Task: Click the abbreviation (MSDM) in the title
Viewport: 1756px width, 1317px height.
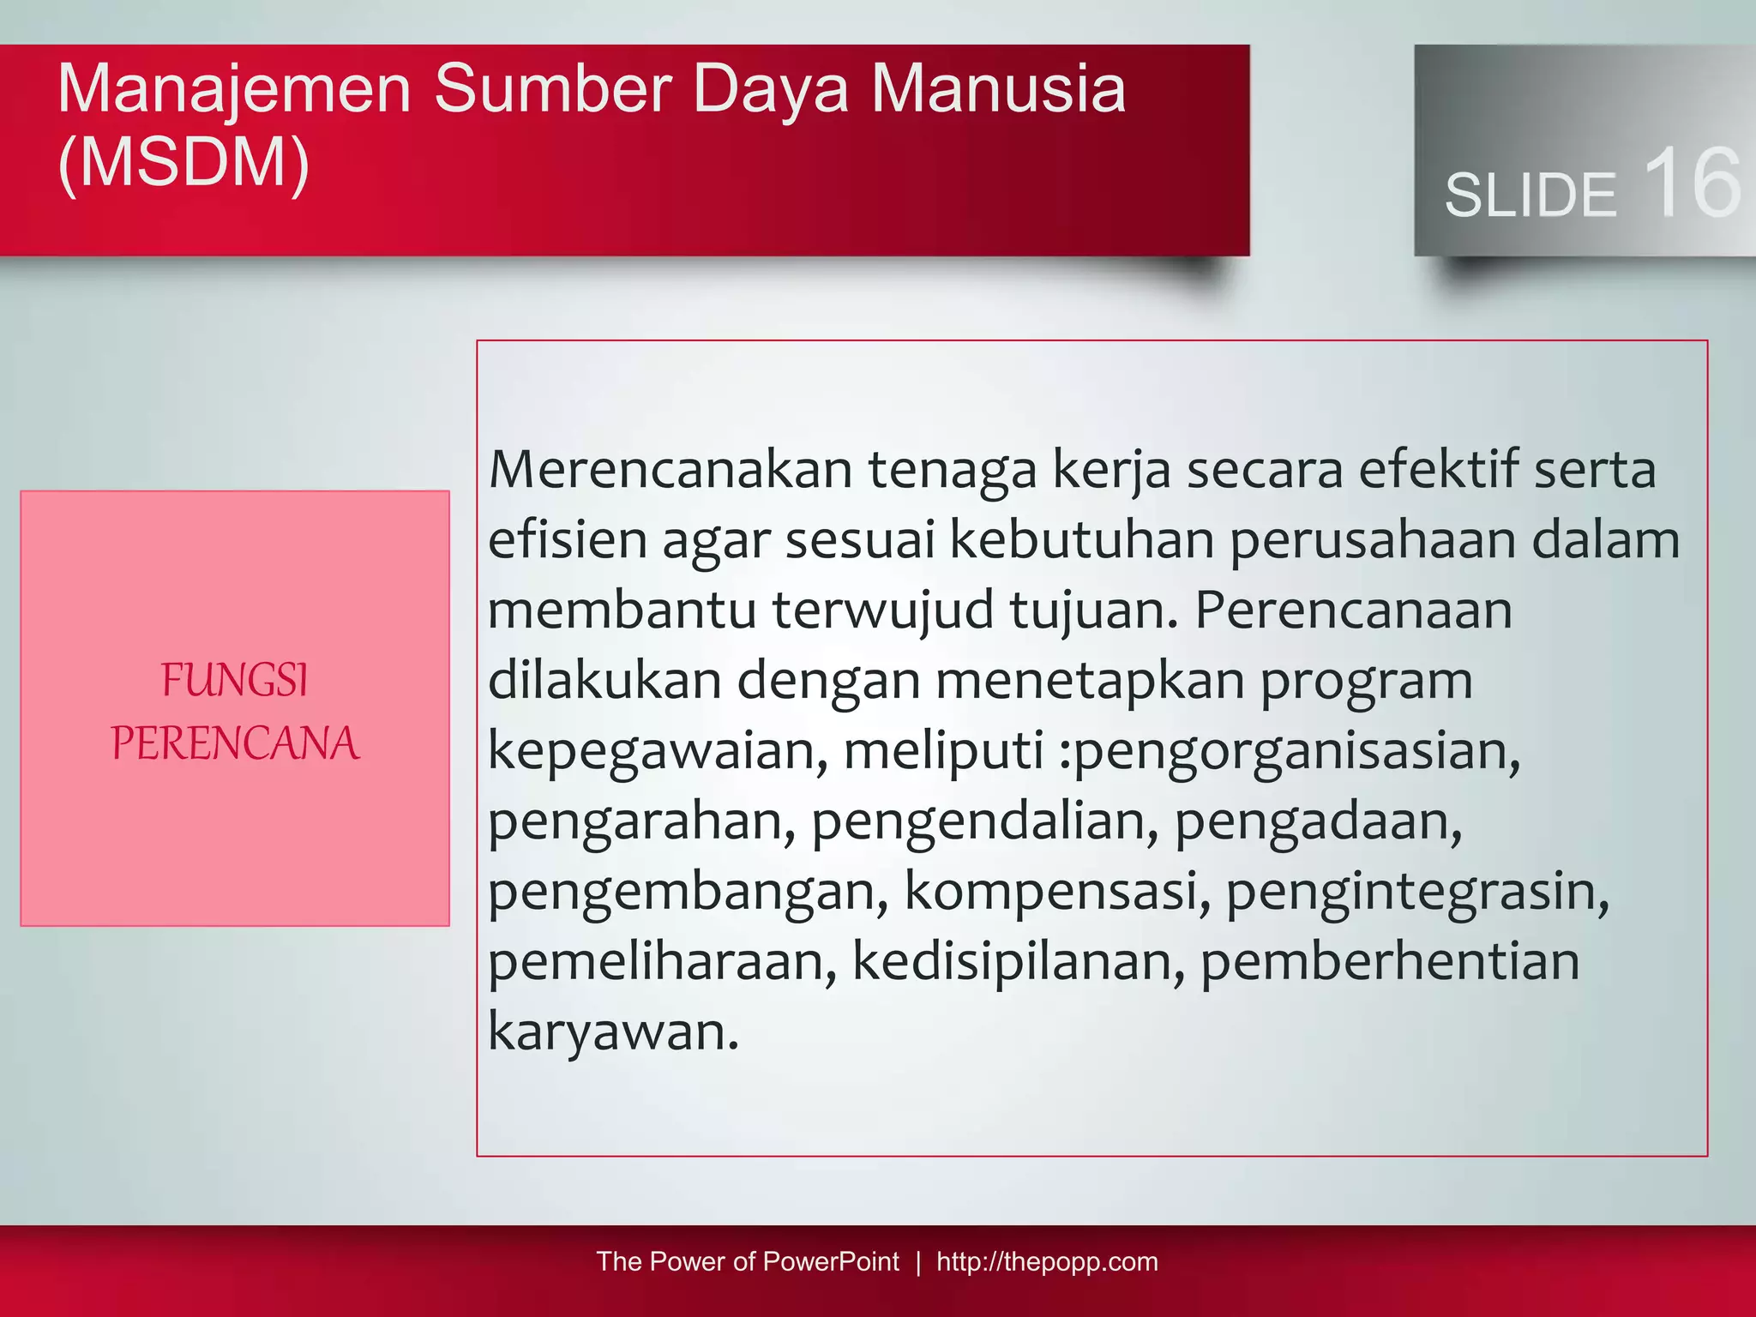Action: click(183, 163)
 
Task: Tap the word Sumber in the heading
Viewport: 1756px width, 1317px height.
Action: click(552, 89)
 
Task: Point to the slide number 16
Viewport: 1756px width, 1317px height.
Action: click(1692, 183)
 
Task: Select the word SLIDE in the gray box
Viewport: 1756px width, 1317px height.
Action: click(1530, 195)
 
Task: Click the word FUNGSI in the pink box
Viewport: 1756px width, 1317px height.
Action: click(234, 681)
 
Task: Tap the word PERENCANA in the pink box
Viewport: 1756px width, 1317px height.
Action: click(235, 743)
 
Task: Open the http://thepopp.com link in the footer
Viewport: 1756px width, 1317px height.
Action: click(1047, 1261)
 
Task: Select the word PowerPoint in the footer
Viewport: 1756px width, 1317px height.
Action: click(830, 1261)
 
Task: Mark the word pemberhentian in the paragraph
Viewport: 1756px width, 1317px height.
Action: click(1389, 962)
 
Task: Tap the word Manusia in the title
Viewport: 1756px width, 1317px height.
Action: click(998, 89)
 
